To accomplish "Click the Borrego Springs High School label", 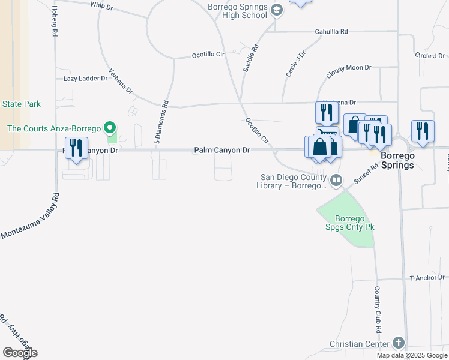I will [x=237, y=11].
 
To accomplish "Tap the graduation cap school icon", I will [x=277, y=10].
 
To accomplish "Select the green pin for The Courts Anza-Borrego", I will [x=110, y=128].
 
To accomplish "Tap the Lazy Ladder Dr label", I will [x=85, y=79].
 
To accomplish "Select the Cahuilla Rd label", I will [x=331, y=32].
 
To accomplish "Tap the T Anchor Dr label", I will [x=427, y=278].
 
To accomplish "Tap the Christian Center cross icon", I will [x=398, y=343].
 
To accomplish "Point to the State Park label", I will [x=22, y=104].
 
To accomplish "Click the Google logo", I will [x=20, y=353].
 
